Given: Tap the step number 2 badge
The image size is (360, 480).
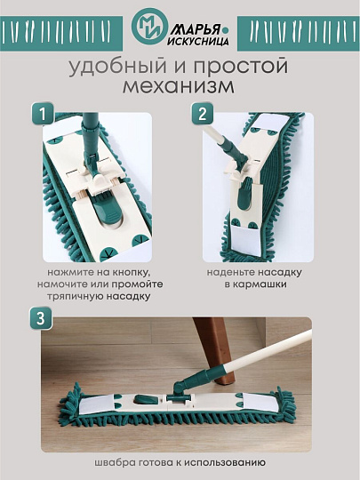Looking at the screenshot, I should pos(202,114).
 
